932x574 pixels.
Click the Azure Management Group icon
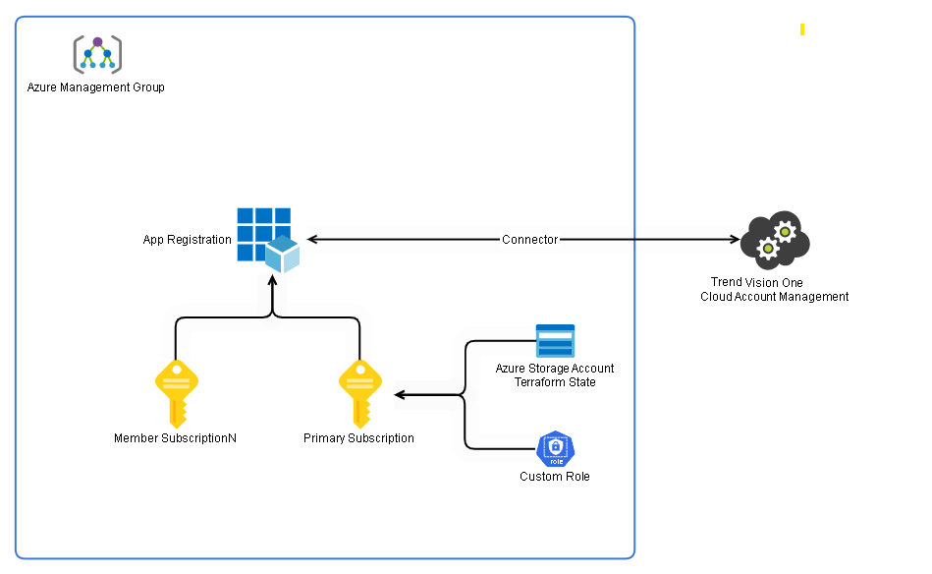pos(97,54)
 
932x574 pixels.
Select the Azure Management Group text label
pos(95,87)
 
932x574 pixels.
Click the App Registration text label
pos(187,240)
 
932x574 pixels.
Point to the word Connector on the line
pos(529,240)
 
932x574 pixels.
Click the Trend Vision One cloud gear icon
pos(774,241)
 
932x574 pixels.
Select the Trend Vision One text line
pos(756,283)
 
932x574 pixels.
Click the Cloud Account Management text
pos(774,297)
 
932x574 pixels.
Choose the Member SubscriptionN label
pos(175,438)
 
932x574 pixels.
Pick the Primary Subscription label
pos(358,438)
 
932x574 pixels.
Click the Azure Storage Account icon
pos(555,341)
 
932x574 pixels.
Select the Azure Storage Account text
pos(555,369)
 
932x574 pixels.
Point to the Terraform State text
pos(555,382)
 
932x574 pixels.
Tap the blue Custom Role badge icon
pos(555,449)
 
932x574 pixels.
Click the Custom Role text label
pos(555,477)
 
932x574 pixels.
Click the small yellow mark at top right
pos(802,29)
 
